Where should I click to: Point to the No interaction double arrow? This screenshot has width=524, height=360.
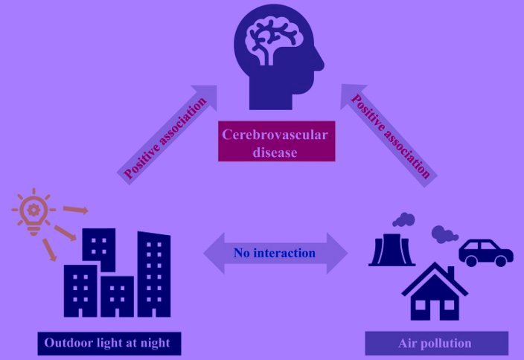276,253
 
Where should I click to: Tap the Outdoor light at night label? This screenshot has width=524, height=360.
109,343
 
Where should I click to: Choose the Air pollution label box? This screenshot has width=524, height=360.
436,343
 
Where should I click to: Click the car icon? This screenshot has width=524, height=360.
485,252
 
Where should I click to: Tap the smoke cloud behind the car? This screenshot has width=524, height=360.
444,234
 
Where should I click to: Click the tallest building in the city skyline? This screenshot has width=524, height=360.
154,275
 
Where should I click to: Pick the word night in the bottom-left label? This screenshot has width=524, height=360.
156,343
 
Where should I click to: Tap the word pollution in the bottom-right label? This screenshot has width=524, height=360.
448,343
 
